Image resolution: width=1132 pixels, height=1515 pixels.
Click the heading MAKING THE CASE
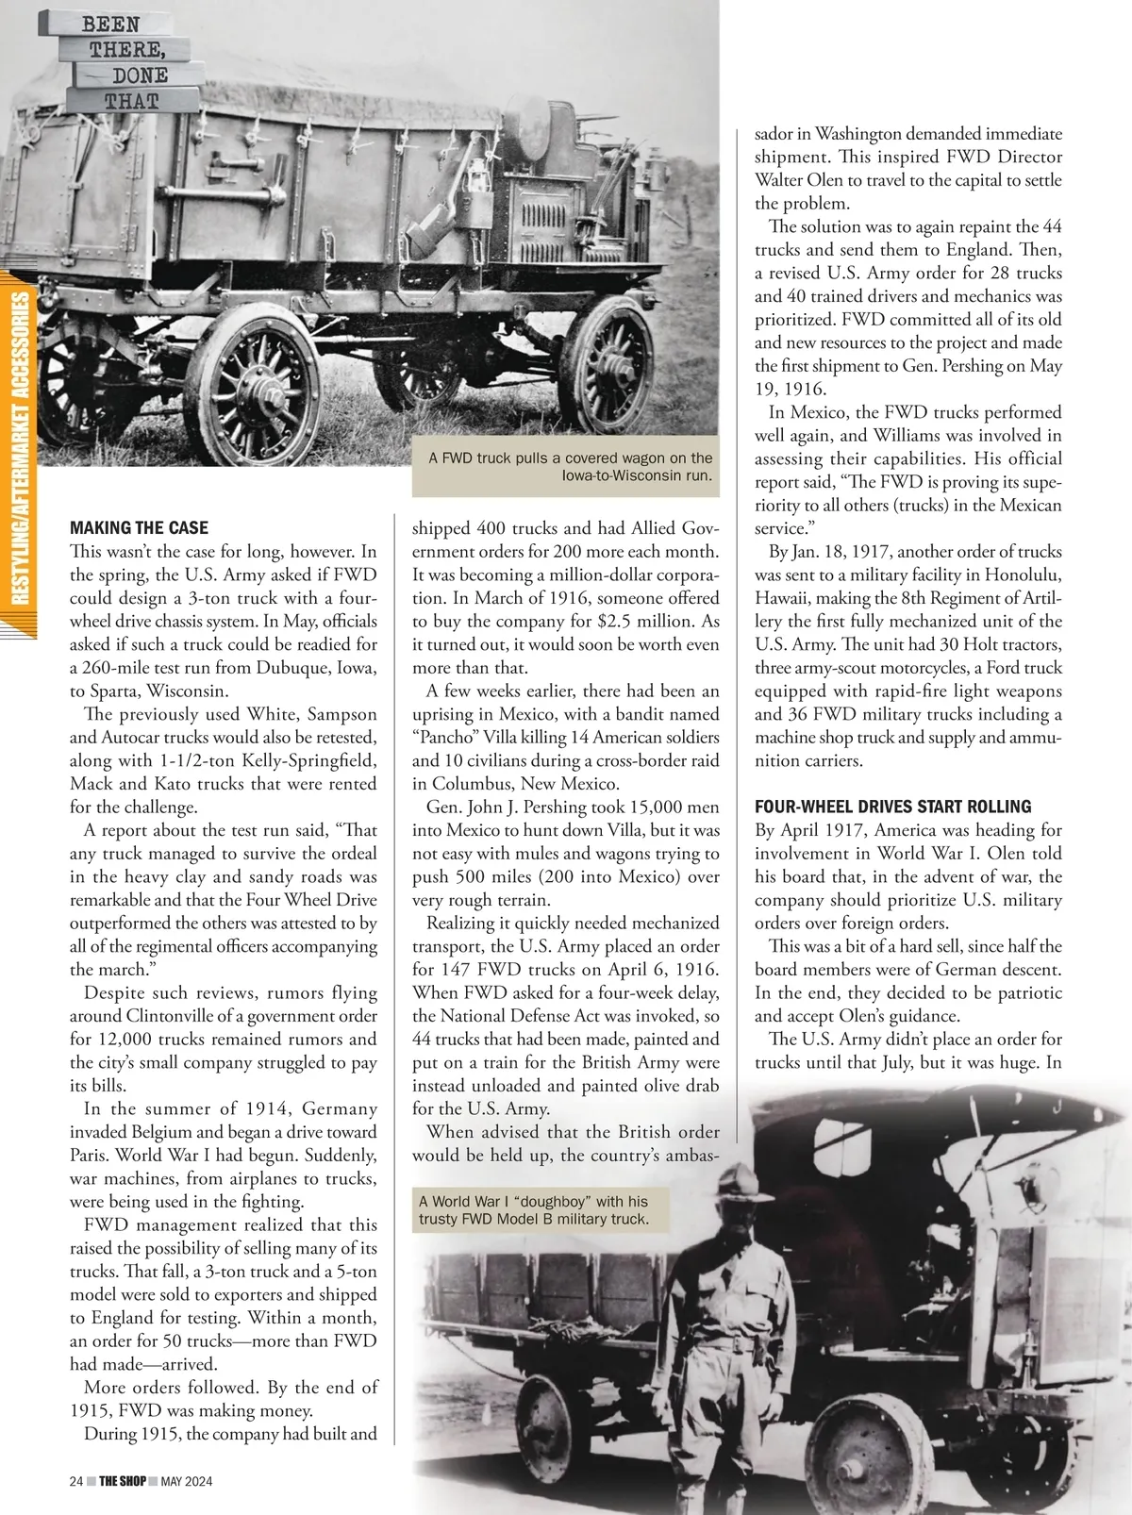[139, 528]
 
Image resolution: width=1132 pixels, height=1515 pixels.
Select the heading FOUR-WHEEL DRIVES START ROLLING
[892, 807]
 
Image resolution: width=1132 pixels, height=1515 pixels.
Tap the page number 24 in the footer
[76, 1481]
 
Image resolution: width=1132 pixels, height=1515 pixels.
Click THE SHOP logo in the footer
[122, 1481]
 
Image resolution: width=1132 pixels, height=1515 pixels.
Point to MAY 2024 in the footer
[186, 1481]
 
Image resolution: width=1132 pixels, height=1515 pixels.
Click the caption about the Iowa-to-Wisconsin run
[570, 466]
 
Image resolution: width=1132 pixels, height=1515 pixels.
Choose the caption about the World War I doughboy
[533, 1210]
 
